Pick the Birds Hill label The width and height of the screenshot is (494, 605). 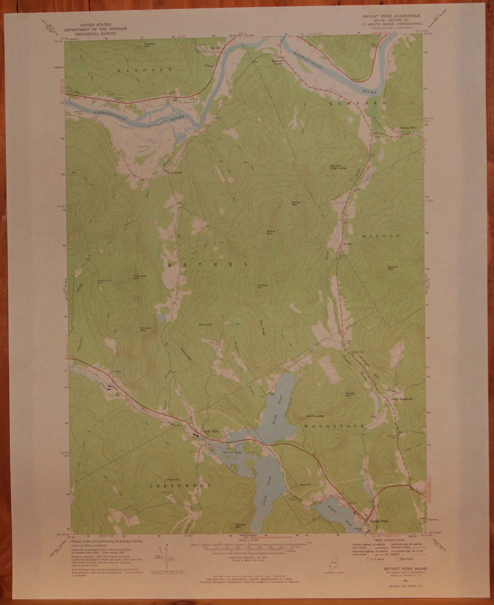(x=205, y=324)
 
